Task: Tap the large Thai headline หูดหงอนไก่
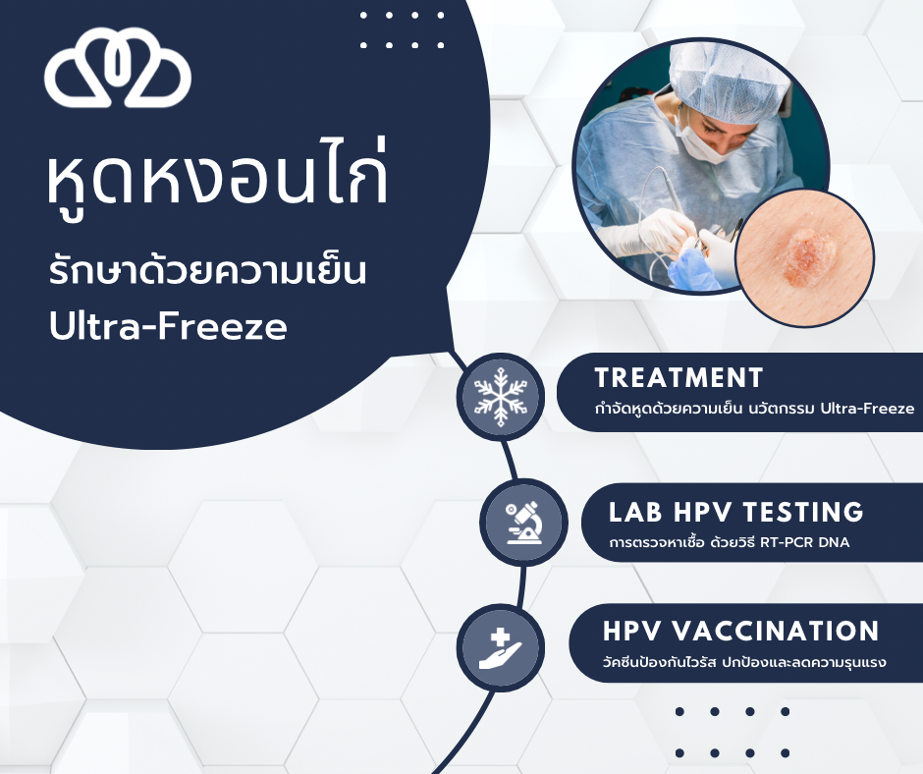pyautogui.click(x=217, y=177)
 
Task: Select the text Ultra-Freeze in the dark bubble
pyautogui.click(x=168, y=325)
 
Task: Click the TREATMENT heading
pyautogui.click(x=679, y=378)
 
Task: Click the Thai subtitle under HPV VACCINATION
pyautogui.click(x=744, y=662)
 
